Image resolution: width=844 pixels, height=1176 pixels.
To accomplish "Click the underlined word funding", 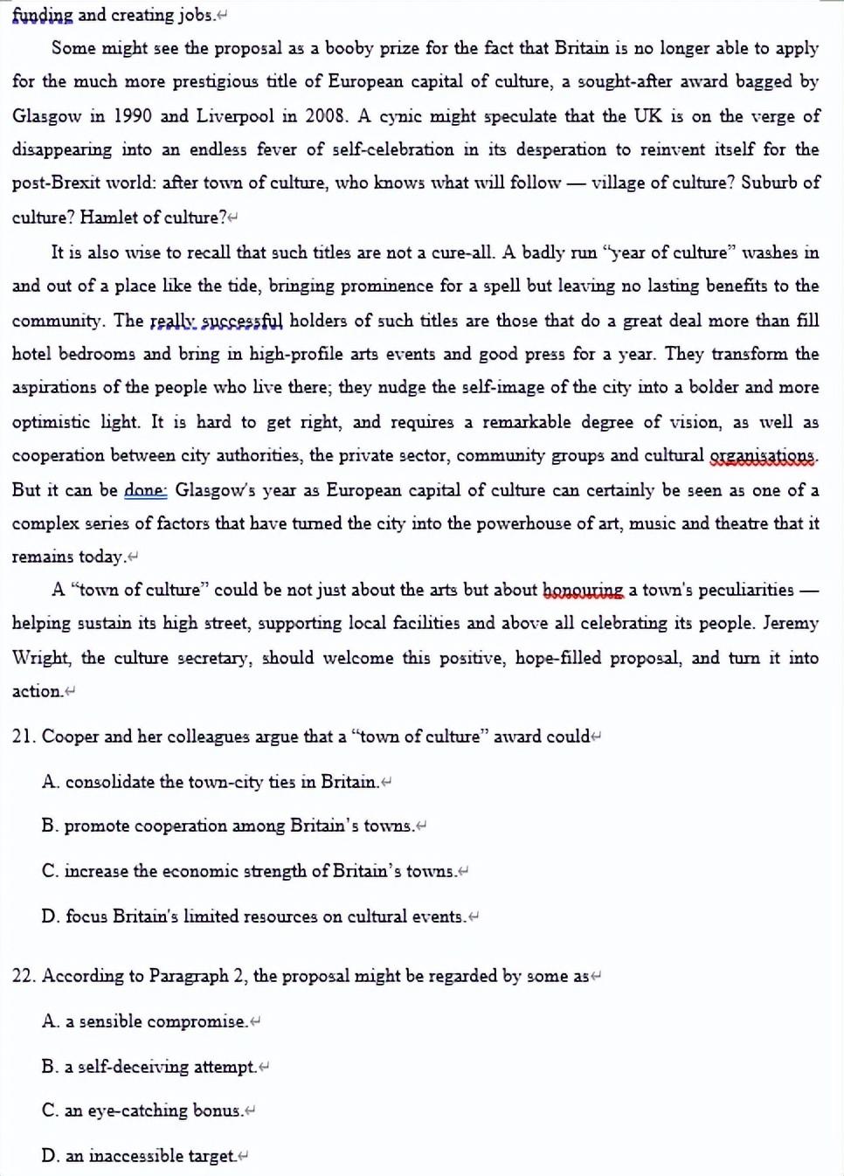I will pyautogui.click(x=42, y=15).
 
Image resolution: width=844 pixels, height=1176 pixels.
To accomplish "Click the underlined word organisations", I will pyautogui.click(x=763, y=455).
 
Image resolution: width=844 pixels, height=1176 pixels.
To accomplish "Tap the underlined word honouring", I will pyautogui.click(x=583, y=590).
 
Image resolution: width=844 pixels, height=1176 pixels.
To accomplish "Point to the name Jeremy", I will pyautogui.click(x=791, y=623).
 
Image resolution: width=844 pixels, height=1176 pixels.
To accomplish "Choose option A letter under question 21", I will pyautogui.click(x=50, y=782).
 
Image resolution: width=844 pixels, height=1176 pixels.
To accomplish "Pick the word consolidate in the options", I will pyautogui.click(x=109, y=782).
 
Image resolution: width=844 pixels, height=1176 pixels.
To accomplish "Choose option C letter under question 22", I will pyautogui.click(x=50, y=1110).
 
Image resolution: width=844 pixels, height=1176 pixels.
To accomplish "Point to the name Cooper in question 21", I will pyautogui.click(x=70, y=737).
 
